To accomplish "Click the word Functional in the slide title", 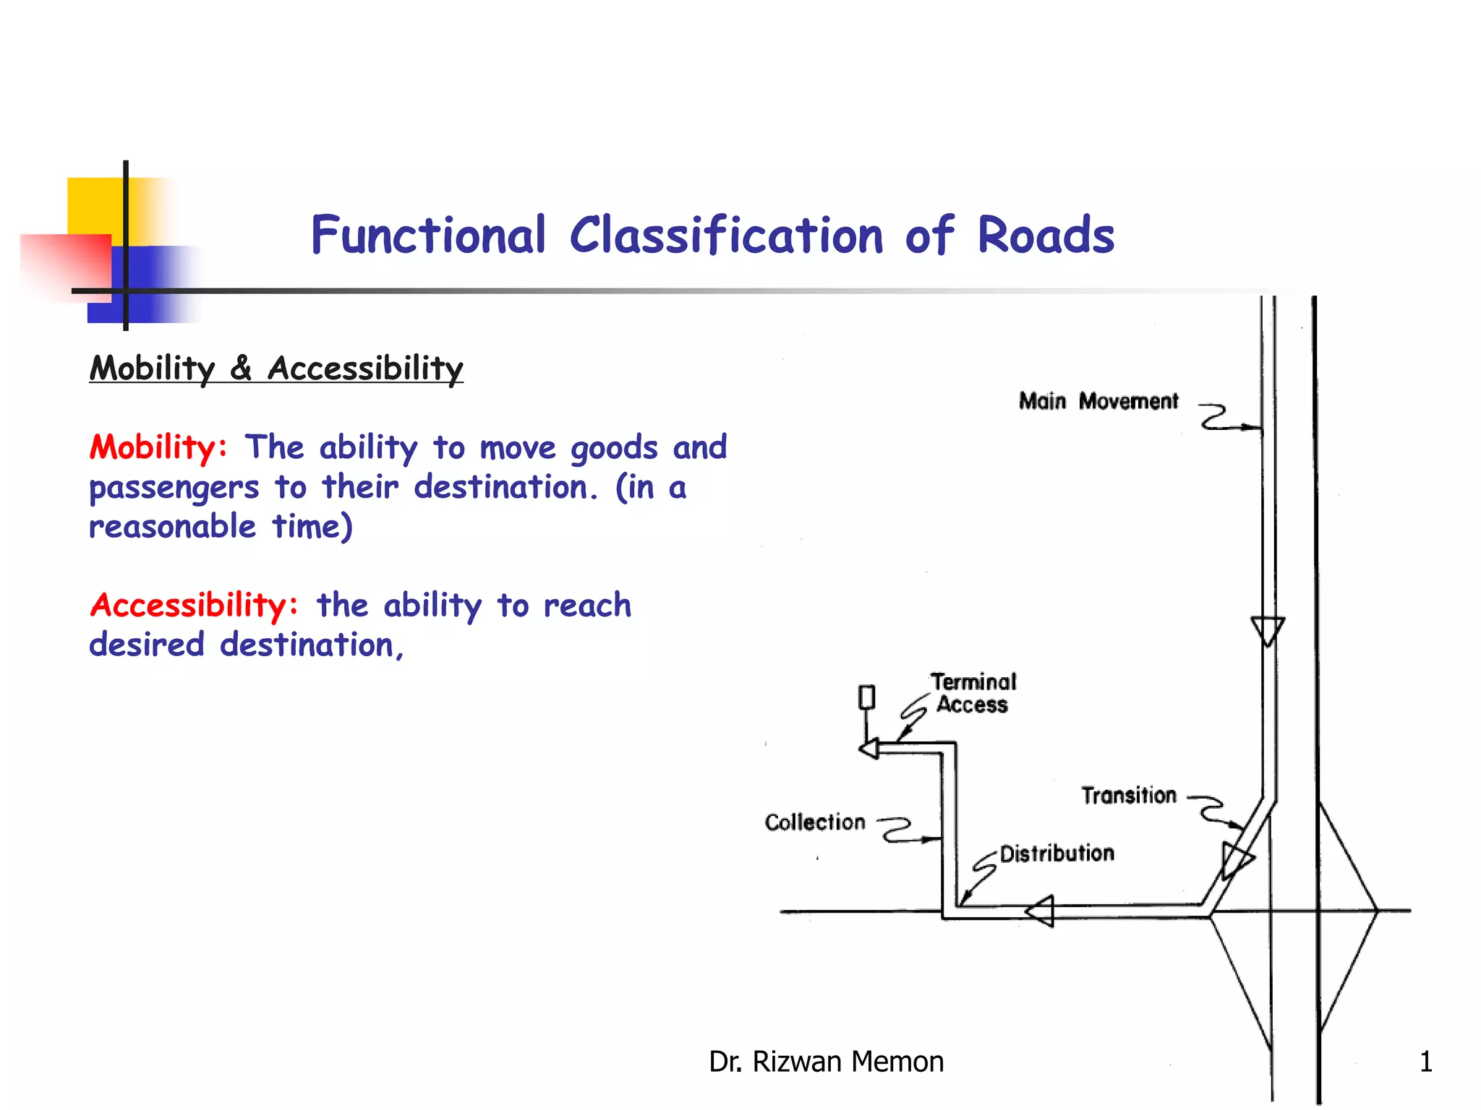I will click(x=428, y=236).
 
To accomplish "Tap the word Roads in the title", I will click(x=1046, y=236).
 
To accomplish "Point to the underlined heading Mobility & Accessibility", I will click(x=276, y=368).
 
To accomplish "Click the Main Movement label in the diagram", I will click(x=1098, y=401).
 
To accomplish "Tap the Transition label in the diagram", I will click(x=1128, y=796).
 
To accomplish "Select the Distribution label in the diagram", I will click(x=1057, y=853).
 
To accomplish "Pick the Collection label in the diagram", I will click(x=815, y=822).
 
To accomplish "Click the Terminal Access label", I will click(x=973, y=693).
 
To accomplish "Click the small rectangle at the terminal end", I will click(x=866, y=697).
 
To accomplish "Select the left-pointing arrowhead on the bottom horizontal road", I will click(x=1041, y=911).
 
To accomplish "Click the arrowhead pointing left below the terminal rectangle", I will click(x=869, y=749).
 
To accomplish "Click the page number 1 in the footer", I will click(x=1425, y=1062).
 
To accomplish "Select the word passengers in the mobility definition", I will click(x=174, y=489).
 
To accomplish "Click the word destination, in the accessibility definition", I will click(x=312, y=645).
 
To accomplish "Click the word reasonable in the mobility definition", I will click(x=172, y=527).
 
